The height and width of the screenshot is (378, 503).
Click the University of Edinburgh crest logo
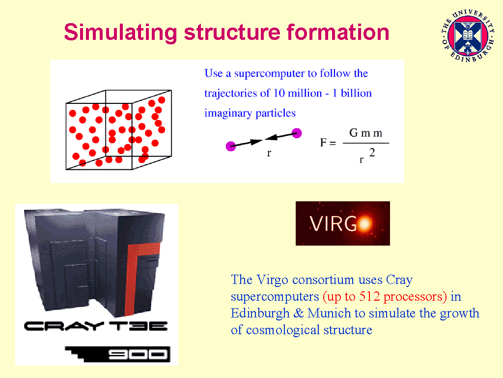coord(467,33)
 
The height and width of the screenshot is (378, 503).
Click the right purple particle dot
coord(296,132)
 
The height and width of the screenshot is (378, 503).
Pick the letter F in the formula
coord(323,143)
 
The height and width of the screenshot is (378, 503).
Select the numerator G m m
coord(365,133)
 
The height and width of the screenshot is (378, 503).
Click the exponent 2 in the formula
coord(372,153)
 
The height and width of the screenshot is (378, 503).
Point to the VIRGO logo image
coord(342,223)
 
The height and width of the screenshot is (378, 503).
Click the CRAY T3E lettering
coord(96,326)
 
